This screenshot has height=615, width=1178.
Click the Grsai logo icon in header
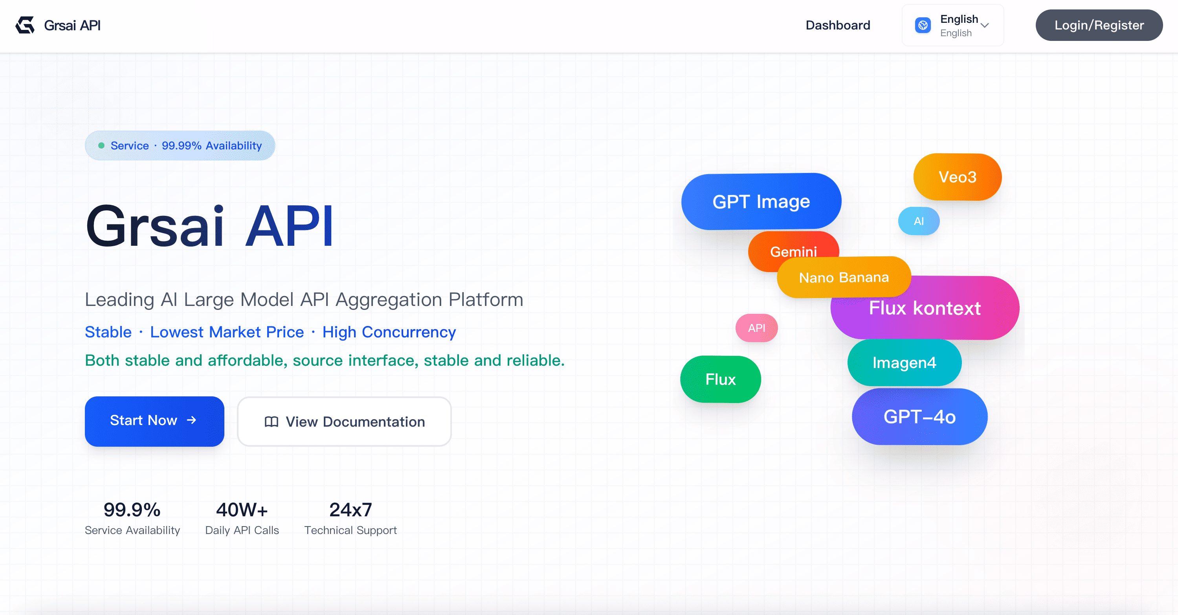pos(25,25)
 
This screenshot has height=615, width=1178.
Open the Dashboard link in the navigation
pos(837,25)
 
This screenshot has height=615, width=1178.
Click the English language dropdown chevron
pos(985,25)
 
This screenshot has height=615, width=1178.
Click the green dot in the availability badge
pos(101,145)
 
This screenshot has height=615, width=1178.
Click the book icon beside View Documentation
pos(271,422)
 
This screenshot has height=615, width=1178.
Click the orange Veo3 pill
pos(957,177)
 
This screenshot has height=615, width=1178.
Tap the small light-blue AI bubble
pos(918,221)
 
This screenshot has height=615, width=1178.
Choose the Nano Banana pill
pos(843,277)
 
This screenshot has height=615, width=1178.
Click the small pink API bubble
pos(756,328)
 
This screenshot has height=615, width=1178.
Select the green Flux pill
pos(720,379)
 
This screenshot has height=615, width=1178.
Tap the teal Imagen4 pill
pos(904,363)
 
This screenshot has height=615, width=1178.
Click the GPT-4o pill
pos(919,417)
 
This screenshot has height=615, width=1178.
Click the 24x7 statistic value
pos(350,510)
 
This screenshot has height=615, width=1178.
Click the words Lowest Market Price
pos(227,332)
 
